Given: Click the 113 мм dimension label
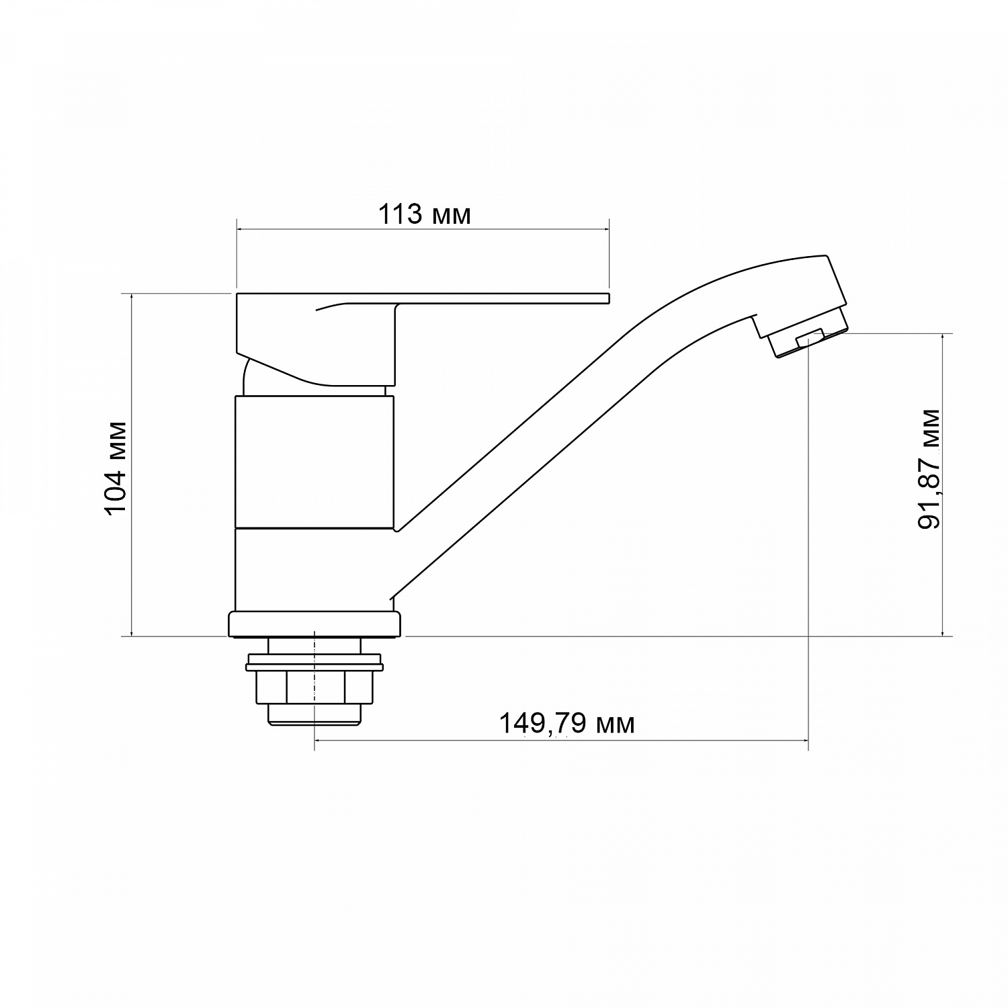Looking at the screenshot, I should (424, 215).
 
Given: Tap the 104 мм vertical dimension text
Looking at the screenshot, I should (117, 468).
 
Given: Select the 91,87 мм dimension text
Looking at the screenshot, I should (929, 468).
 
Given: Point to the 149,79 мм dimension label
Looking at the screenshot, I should (566, 724).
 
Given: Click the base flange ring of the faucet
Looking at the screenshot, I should (314, 624).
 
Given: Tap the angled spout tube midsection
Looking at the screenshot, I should (538, 444).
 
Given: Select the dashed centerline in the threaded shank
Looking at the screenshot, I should (314, 672).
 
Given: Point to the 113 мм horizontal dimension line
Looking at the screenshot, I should (423, 230).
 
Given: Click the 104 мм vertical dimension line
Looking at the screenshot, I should (132, 464).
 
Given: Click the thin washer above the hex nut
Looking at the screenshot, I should (314, 667).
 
